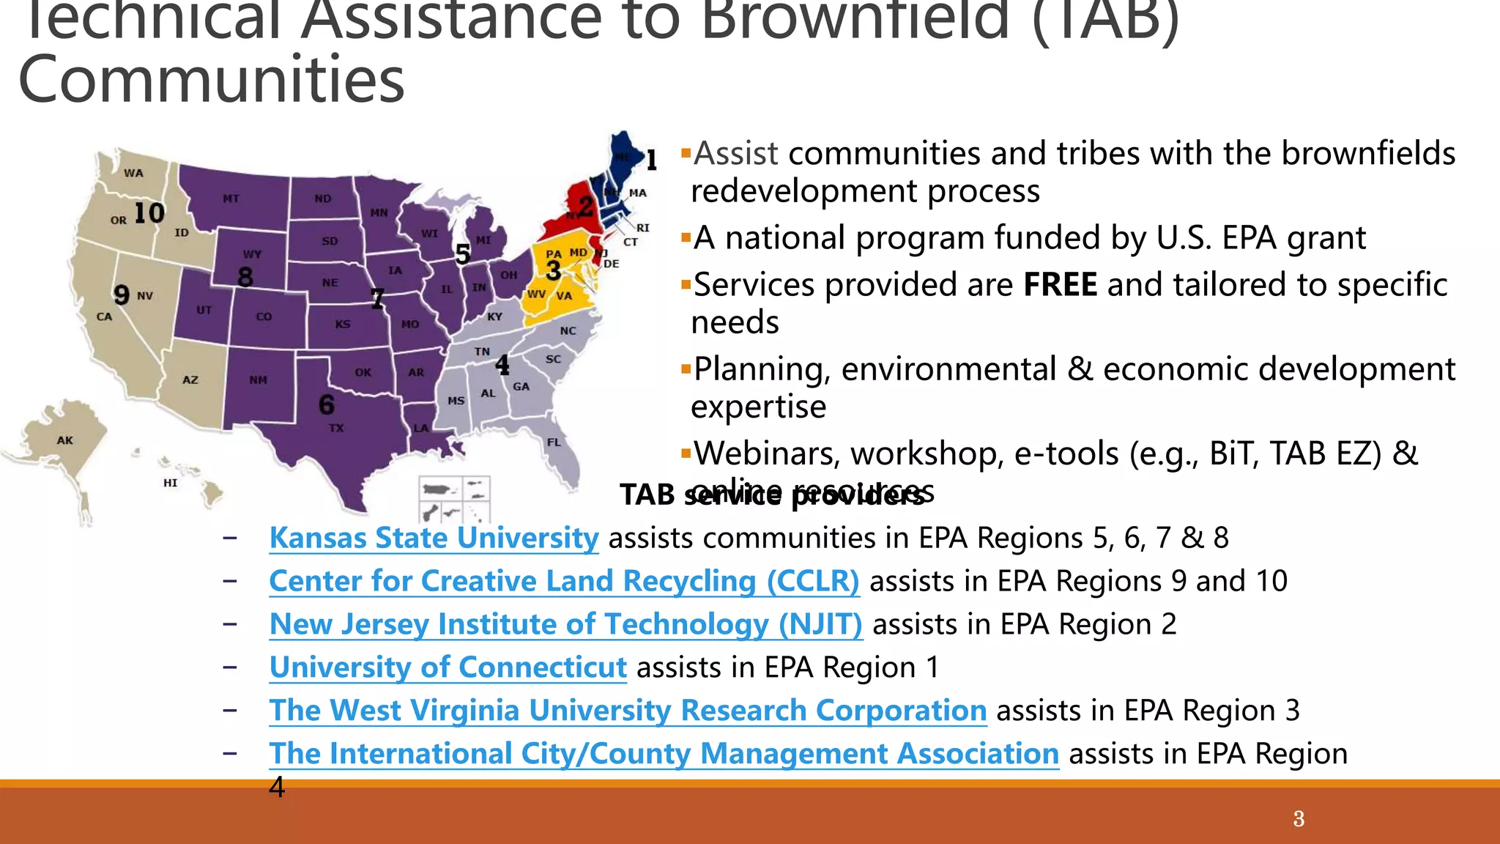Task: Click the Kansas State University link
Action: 434,538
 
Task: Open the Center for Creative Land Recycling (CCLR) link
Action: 564,582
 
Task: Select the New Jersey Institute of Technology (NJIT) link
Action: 565,625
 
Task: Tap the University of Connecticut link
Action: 448,667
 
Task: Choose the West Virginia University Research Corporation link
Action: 628,711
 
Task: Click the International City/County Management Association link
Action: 664,754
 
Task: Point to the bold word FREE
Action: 1060,285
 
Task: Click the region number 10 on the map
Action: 149,213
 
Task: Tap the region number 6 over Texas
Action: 327,404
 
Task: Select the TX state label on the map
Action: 336,428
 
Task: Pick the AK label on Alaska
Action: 65,440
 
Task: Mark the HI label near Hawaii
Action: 170,483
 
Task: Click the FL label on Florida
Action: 554,443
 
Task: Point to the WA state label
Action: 133,174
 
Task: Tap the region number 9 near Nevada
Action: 122,295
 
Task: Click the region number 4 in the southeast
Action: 502,364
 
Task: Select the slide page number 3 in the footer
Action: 1299,818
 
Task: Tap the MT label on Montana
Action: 231,199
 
